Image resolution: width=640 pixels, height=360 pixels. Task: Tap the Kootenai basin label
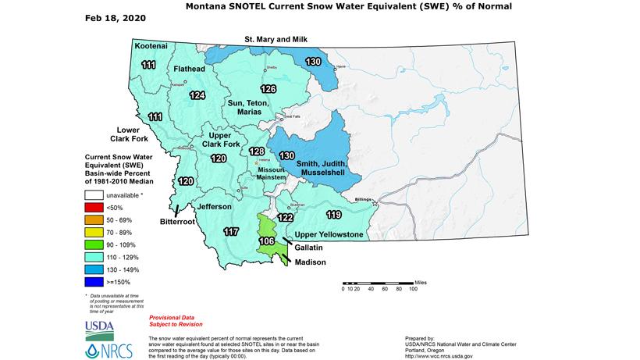point(150,47)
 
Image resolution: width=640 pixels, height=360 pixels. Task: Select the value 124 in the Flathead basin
point(197,95)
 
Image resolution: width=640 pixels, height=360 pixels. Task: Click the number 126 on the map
point(268,88)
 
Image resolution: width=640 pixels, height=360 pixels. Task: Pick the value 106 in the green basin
point(267,241)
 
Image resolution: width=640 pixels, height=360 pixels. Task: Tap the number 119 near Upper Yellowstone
point(334,214)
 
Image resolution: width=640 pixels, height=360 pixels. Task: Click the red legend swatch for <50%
point(96,208)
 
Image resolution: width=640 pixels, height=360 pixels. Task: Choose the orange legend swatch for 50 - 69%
point(96,221)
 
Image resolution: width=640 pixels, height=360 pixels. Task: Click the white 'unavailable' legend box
point(96,194)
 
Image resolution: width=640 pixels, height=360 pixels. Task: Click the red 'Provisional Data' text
point(169,320)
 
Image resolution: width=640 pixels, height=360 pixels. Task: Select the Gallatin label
point(311,246)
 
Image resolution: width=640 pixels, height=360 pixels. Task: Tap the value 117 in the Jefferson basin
point(231,231)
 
